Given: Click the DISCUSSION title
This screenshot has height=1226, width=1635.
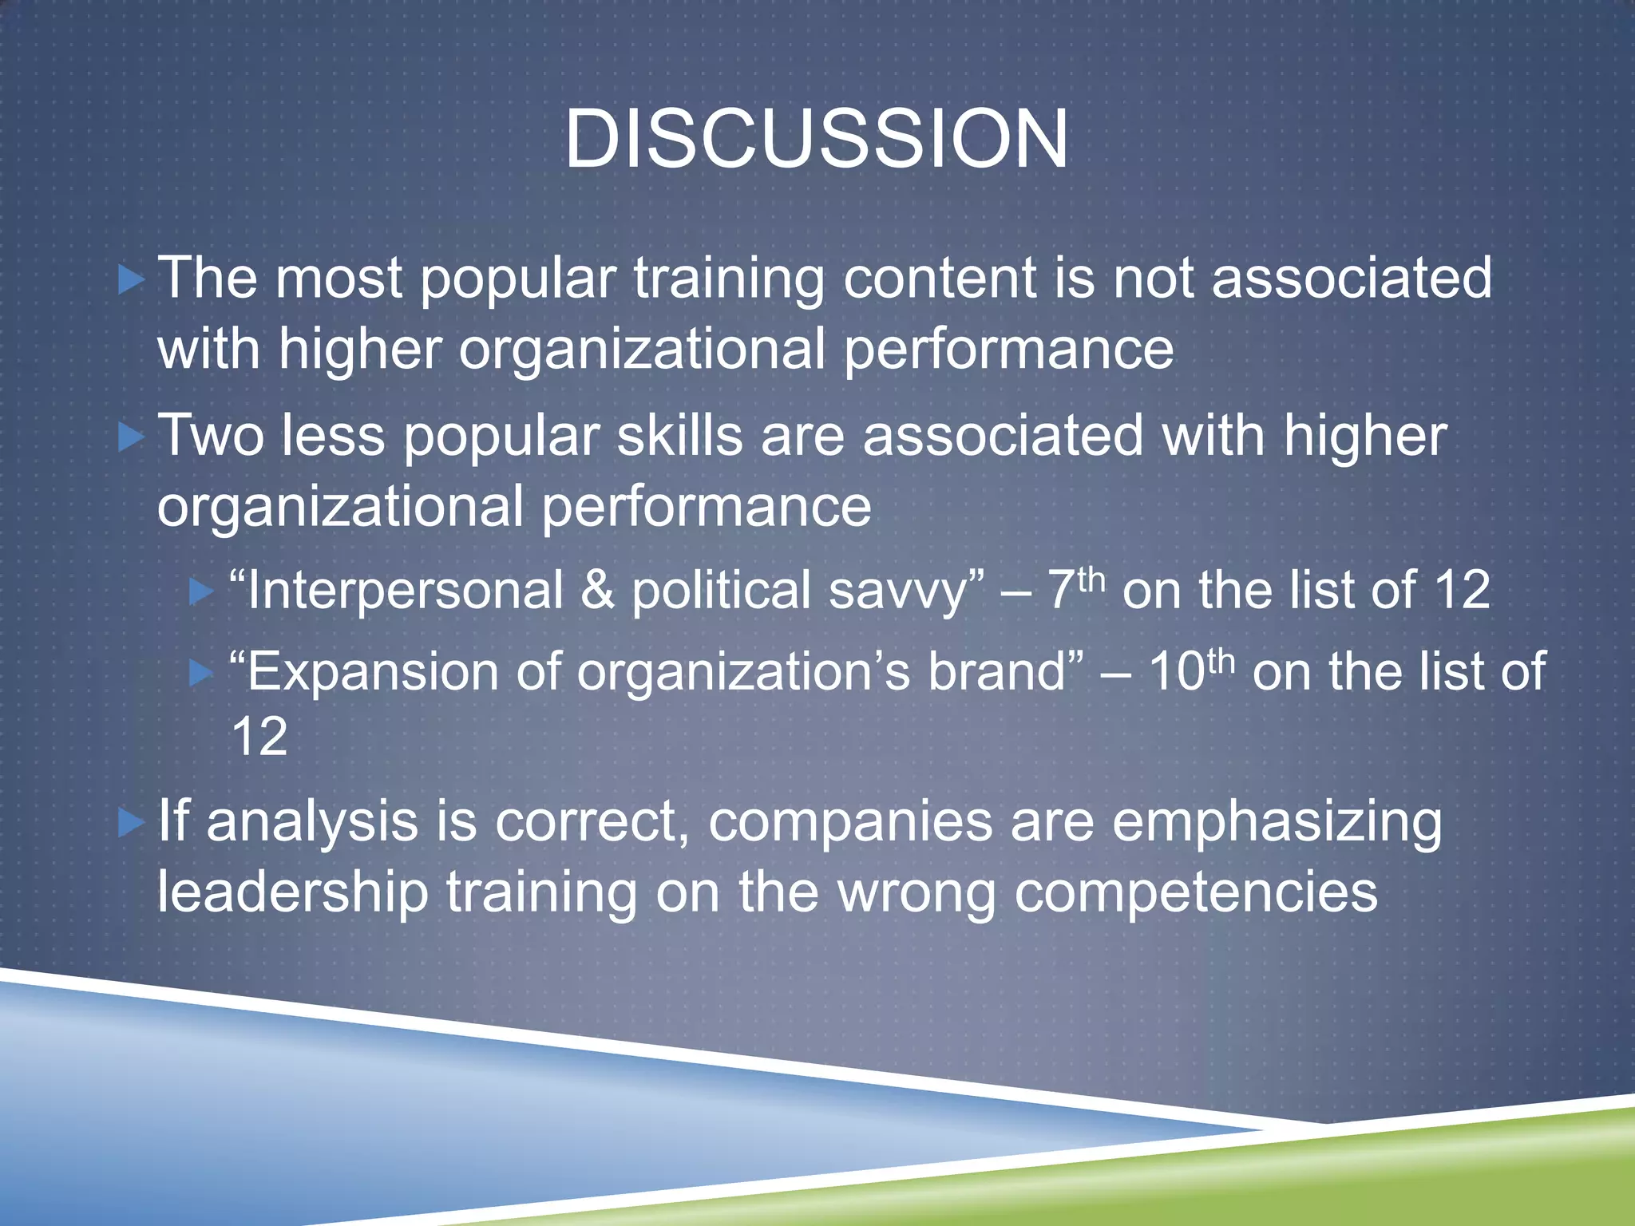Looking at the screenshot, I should [816, 140].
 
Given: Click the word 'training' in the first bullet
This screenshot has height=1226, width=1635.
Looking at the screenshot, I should [728, 279].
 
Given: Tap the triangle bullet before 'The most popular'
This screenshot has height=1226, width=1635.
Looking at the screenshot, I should [131, 280].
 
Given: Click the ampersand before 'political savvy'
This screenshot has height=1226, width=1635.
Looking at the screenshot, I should [597, 591].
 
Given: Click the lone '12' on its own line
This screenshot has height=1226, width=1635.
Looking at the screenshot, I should [259, 737].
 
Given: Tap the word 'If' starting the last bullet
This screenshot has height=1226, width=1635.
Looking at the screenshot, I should [173, 821].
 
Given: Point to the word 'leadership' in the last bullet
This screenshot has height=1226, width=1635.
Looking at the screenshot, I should [292, 892].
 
